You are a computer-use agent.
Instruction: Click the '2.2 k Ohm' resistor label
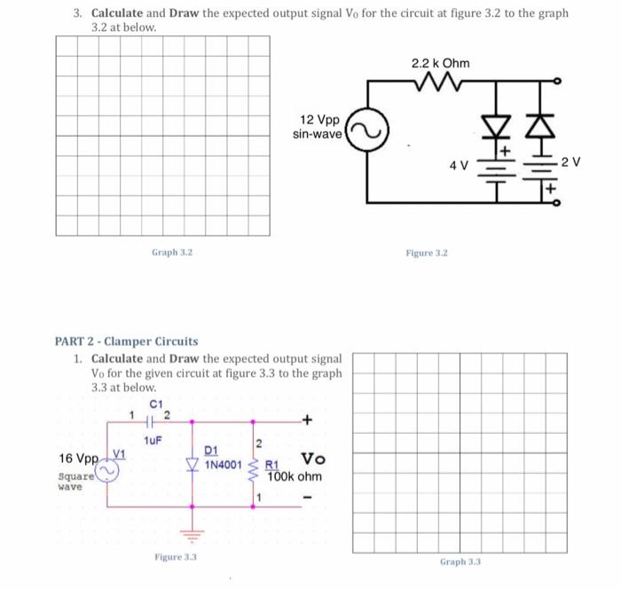(x=441, y=64)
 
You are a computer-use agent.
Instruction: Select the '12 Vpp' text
(x=319, y=120)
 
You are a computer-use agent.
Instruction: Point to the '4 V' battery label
(x=459, y=166)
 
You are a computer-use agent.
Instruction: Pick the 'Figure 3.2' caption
(x=427, y=253)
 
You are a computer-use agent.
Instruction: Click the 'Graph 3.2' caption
(x=172, y=253)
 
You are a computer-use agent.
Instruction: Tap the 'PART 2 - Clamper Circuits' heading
(x=127, y=341)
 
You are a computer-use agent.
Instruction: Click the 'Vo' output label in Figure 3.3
(x=313, y=459)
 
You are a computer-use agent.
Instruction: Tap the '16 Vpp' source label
(x=76, y=459)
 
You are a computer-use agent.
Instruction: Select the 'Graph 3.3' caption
(x=460, y=562)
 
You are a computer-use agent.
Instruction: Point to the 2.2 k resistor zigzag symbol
(x=441, y=83)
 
